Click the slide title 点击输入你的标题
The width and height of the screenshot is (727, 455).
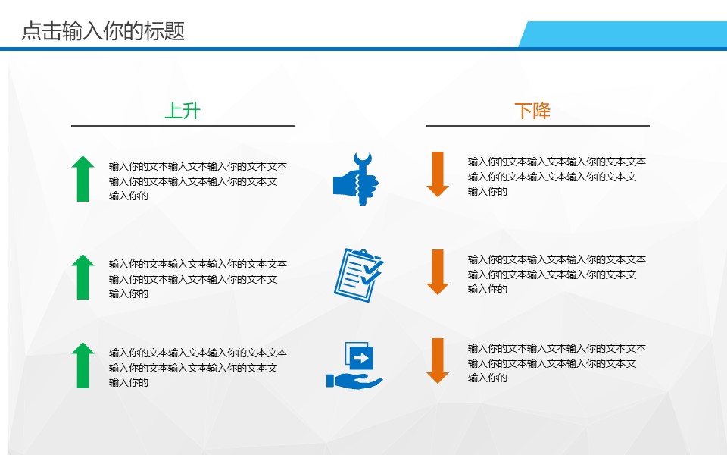pyautogui.click(x=103, y=31)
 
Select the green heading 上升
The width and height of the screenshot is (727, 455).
pyautogui.click(x=183, y=111)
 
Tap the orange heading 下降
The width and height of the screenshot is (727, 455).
pyautogui.click(x=532, y=111)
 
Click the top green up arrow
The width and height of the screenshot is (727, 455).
pyautogui.click(x=83, y=179)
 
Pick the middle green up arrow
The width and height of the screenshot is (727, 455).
pyautogui.click(x=83, y=277)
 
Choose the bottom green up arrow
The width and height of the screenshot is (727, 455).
pyautogui.click(x=83, y=366)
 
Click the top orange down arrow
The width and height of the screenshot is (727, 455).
pyautogui.click(x=438, y=174)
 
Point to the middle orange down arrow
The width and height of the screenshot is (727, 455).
pyautogui.click(x=438, y=271)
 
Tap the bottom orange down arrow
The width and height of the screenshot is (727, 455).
pyautogui.click(x=438, y=360)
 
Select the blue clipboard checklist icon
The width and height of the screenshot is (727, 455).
pyautogui.click(x=357, y=275)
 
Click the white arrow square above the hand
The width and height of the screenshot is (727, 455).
pyautogui.click(x=361, y=356)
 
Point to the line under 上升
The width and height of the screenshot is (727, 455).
pyautogui.click(x=183, y=125)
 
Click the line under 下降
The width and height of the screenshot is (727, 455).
pyautogui.click(x=538, y=125)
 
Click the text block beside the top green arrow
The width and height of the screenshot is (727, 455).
pyautogui.click(x=197, y=181)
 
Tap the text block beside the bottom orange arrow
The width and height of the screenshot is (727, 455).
pyautogui.click(x=556, y=363)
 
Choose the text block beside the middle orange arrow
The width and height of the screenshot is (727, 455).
pyautogui.click(x=556, y=275)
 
